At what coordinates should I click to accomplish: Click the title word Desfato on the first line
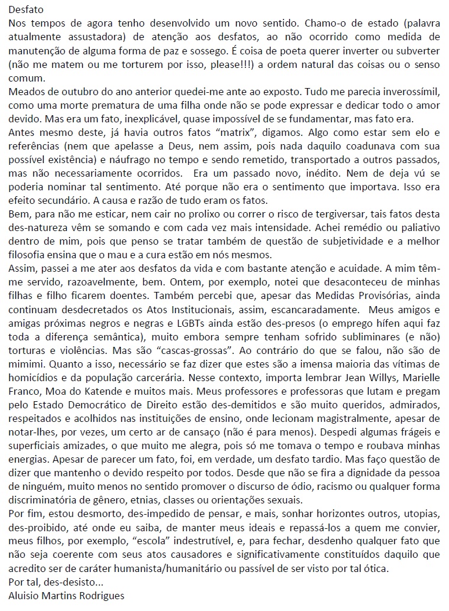pos(20,10)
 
